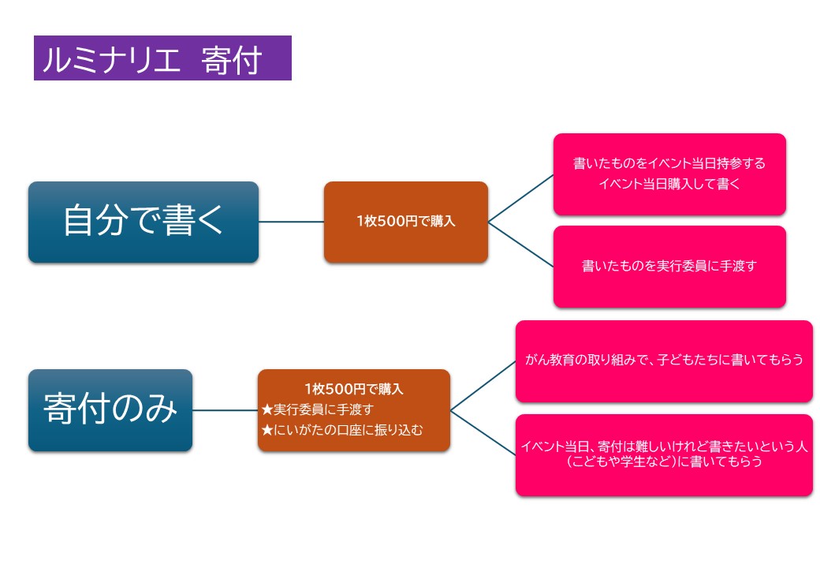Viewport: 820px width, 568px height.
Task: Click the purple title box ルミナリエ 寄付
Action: pos(162,58)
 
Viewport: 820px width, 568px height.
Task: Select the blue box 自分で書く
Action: pos(143,222)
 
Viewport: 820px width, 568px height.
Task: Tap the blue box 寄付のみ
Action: pos(110,410)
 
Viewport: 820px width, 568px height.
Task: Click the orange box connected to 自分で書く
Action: pos(405,222)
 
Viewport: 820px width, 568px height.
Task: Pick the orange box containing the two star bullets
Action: pos(353,410)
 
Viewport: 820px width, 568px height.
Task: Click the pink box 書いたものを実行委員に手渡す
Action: pos(669,267)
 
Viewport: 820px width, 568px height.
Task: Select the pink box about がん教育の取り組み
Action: pos(664,361)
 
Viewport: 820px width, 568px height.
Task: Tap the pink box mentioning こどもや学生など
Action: pos(664,455)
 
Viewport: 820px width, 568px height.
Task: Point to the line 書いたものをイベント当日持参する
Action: pos(669,164)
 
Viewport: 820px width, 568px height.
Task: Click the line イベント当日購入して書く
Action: pos(669,185)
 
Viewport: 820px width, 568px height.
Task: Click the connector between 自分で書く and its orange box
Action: pos(291,222)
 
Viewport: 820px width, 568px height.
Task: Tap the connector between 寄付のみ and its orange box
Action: pos(225,410)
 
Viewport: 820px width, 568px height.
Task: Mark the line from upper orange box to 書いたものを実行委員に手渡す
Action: pos(520,245)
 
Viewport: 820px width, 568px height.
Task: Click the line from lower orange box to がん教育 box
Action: pos(483,386)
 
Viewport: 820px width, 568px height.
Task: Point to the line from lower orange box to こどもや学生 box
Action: pos(483,432)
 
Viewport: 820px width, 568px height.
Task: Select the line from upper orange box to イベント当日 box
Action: pos(520,199)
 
